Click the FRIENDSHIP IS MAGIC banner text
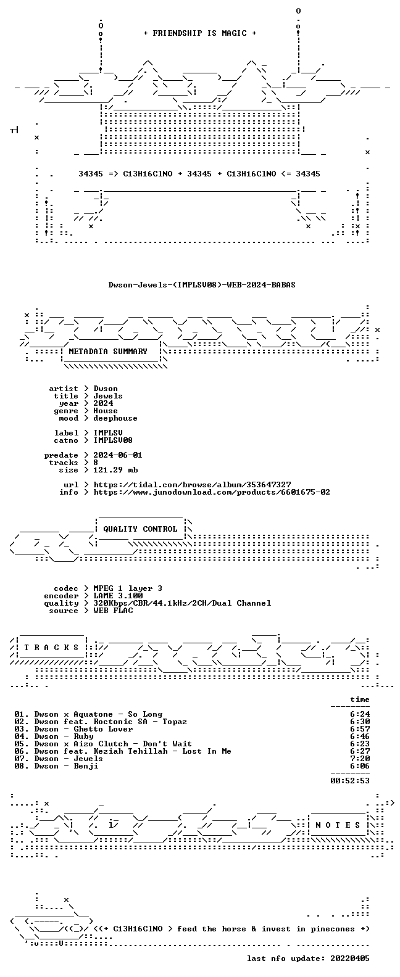pyautogui.click(x=200, y=33)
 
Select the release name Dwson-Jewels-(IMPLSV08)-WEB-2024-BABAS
pyautogui.click(x=202, y=285)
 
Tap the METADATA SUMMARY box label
pyautogui.click(x=108, y=351)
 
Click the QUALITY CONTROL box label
pyautogui.click(x=140, y=529)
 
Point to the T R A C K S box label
pyautogui.click(x=51, y=647)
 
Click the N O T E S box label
pyautogui.click(x=338, y=825)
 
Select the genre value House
pyautogui.click(x=105, y=411)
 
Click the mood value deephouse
pyautogui.click(x=115, y=418)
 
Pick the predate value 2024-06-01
pyautogui.click(x=117, y=455)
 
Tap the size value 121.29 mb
pyautogui.click(x=115, y=470)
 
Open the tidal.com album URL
pyautogui.click(x=192, y=485)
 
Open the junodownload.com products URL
pyautogui.click(x=212, y=492)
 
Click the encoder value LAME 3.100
pyautogui.click(x=118, y=596)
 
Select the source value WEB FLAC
pyautogui.click(x=113, y=611)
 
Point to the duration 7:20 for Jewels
pyautogui.click(x=360, y=759)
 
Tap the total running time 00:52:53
pyautogui.click(x=350, y=780)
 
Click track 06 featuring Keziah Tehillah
pyautogui.click(x=123, y=751)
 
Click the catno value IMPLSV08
pyautogui.click(x=113, y=440)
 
